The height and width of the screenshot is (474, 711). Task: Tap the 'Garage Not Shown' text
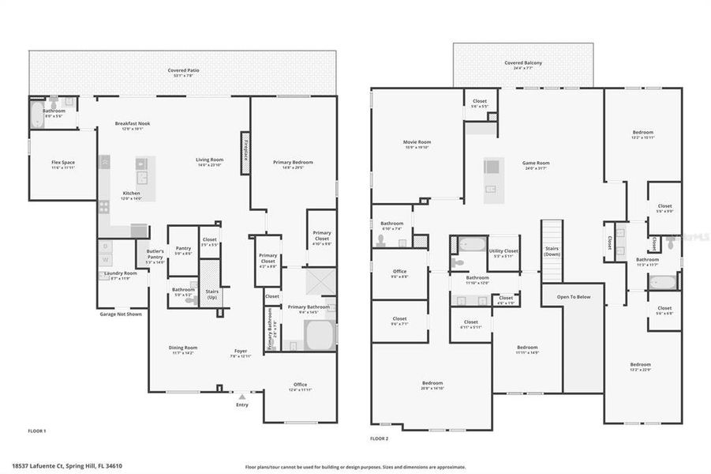tap(121, 314)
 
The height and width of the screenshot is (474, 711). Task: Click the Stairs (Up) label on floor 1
tap(211, 293)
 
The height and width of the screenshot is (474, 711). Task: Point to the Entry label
tap(241, 405)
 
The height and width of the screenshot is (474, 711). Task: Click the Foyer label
tap(240, 352)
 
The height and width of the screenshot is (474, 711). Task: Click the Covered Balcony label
tap(522, 64)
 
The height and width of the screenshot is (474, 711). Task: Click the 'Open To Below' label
tap(574, 297)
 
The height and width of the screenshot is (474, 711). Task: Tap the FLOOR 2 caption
tap(380, 438)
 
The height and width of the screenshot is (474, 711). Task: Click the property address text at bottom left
tap(67, 466)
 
